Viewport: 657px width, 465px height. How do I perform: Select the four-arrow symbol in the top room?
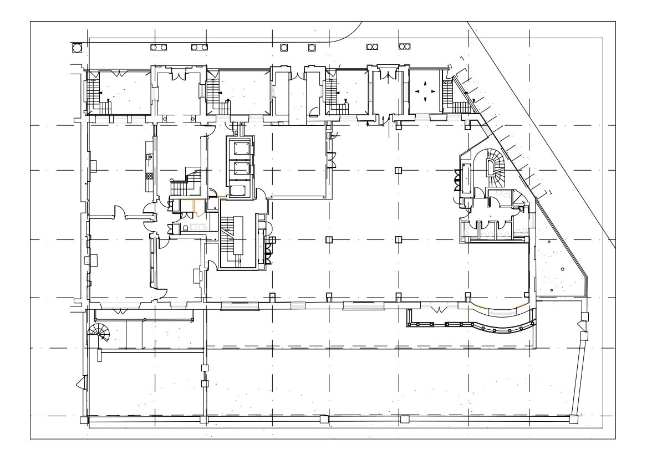pyautogui.click(x=425, y=91)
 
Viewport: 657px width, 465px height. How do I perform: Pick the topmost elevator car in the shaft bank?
pyautogui.click(x=240, y=147)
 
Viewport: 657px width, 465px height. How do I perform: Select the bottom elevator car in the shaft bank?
pyautogui.click(x=240, y=191)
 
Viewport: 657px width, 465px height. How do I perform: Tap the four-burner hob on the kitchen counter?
pyautogui.click(x=149, y=177)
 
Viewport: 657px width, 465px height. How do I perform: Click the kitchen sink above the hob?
pyautogui.click(x=149, y=157)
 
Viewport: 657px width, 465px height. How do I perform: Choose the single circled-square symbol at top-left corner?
pyautogui.click(x=77, y=47)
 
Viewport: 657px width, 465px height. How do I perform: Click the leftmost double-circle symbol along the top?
pyautogui.click(x=158, y=47)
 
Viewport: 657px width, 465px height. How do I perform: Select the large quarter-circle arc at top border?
pyautogui.click(x=347, y=34)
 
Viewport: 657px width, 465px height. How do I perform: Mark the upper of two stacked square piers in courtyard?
pyautogui.click(x=205, y=367)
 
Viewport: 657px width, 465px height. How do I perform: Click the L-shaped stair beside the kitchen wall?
pyautogui.click(x=186, y=182)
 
